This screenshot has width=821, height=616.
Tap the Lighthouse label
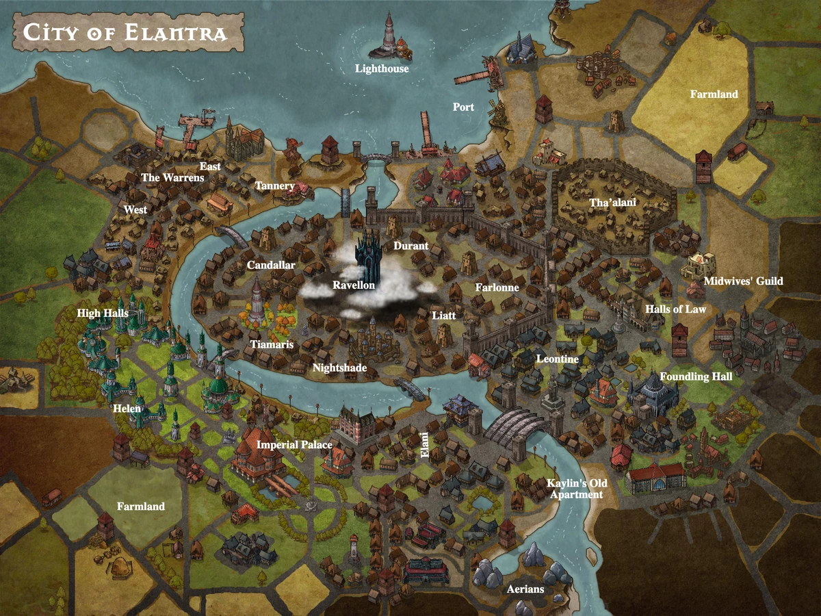tap(382, 68)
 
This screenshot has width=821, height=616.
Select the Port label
tap(463, 107)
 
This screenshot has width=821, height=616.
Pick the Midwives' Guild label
tap(743, 281)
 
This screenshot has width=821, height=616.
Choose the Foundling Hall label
tap(695, 376)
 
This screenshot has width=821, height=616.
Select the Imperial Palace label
tap(294, 445)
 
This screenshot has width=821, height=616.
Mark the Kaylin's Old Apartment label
tap(576, 489)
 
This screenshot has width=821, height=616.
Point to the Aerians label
tap(525, 589)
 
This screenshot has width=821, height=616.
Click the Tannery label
tap(274, 186)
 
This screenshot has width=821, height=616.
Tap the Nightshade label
tap(339, 368)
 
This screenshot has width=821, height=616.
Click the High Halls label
tap(103, 313)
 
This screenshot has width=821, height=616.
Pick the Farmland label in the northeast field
tap(714, 94)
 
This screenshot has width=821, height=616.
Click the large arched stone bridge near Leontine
tap(514, 427)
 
